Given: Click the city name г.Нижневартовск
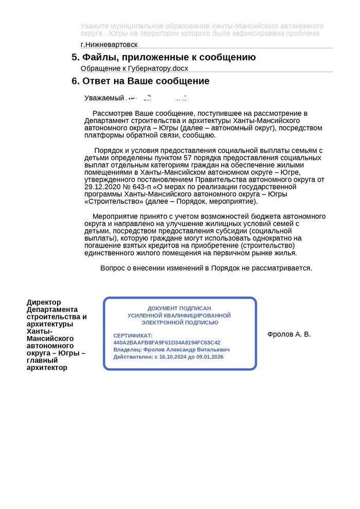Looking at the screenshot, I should coord(109,45).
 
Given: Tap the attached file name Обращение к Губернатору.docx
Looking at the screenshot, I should coord(135,68).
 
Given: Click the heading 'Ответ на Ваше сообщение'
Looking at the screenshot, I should coord(146,81).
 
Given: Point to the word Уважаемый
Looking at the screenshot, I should coord(104,98).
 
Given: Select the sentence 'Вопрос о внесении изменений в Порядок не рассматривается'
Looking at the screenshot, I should coord(206,268).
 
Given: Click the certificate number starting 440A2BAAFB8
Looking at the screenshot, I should coord(167,342).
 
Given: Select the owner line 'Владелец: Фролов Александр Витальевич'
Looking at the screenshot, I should coord(171,349).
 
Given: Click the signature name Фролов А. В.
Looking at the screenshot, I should coord(289,335).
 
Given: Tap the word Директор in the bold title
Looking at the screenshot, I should coord(44,302).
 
